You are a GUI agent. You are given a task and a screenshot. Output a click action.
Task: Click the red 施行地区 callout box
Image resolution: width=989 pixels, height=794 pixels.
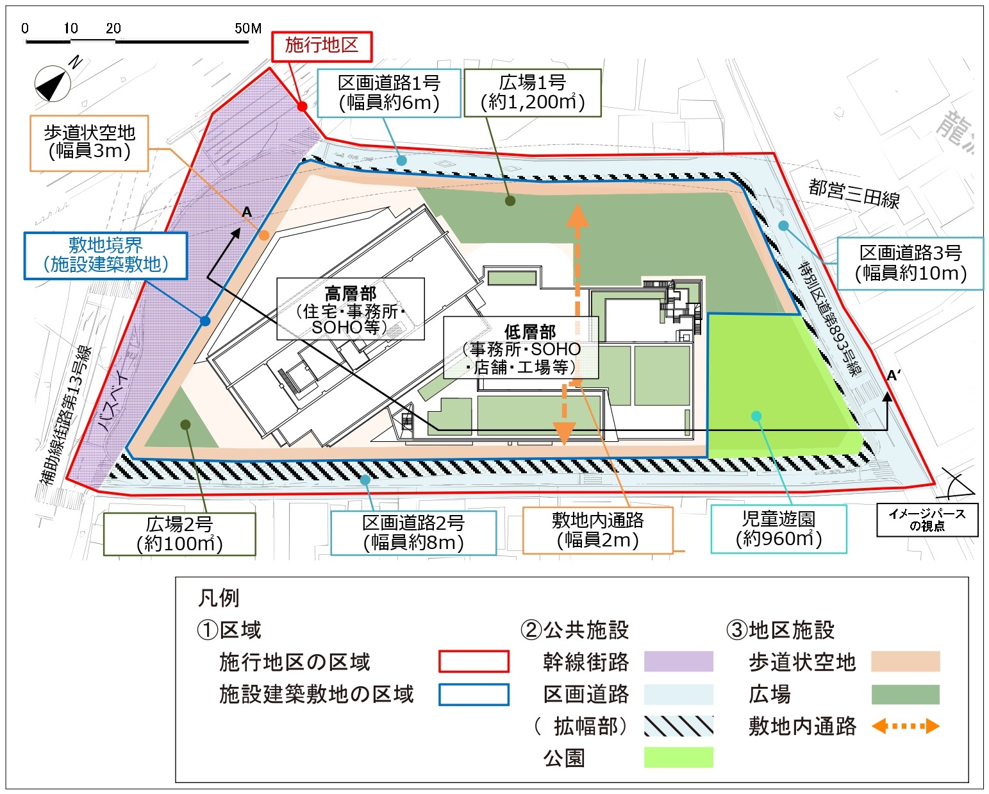(x=322, y=46)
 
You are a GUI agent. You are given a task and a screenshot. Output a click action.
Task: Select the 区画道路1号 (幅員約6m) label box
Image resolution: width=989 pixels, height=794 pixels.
(x=389, y=93)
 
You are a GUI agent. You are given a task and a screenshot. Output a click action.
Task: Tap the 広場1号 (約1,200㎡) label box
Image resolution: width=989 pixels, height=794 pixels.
(x=532, y=93)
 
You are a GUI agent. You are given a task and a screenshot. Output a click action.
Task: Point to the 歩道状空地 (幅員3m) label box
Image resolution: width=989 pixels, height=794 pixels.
(x=89, y=142)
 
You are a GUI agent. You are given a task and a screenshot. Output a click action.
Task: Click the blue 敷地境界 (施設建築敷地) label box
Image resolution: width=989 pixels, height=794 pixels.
(x=106, y=255)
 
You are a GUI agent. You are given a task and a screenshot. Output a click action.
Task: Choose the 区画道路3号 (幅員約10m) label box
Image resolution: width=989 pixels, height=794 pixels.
(x=910, y=264)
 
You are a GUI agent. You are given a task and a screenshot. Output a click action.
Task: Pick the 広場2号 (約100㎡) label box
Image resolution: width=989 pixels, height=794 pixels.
(x=179, y=534)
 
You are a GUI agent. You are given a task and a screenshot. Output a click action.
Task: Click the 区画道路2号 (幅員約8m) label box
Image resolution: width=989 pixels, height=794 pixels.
(x=413, y=533)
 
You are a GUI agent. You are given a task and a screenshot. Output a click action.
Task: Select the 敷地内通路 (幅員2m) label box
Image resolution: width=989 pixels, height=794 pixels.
(x=597, y=530)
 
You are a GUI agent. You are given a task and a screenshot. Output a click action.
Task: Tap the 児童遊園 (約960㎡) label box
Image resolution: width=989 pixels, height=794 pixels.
(x=778, y=529)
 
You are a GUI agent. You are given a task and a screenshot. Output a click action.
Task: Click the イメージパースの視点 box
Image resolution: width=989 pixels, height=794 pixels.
(x=927, y=519)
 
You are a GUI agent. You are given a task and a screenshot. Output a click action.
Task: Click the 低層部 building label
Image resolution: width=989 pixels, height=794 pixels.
(x=521, y=348)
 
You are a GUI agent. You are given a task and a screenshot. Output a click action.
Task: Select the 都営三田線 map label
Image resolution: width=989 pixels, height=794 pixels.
(x=854, y=193)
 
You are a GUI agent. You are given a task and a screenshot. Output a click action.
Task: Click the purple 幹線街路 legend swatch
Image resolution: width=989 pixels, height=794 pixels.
(x=678, y=661)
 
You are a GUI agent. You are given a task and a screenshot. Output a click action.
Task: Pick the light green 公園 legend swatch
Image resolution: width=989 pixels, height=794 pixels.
(x=678, y=757)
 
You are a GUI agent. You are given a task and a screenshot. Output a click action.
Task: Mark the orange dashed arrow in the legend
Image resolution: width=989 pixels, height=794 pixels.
(x=905, y=726)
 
